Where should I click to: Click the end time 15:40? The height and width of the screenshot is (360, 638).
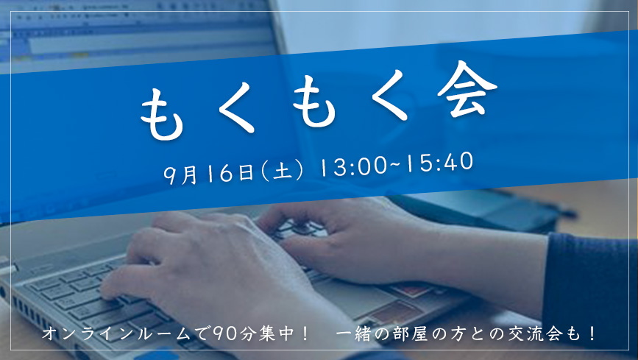(439, 162)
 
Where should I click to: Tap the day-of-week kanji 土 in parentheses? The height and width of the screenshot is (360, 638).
(283, 171)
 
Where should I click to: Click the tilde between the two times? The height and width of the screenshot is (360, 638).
(396, 164)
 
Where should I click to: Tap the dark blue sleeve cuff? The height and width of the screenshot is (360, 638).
(590, 285)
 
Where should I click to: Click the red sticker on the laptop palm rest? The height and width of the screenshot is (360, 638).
(411, 290)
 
